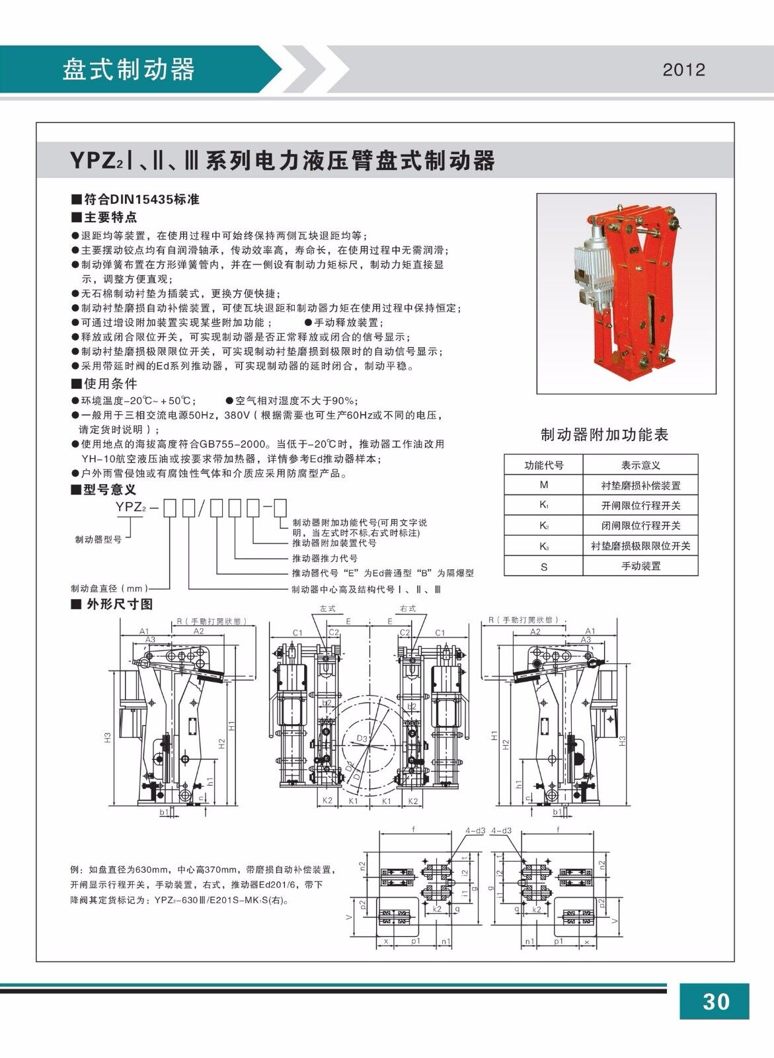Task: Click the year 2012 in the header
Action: pyautogui.click(x=684, y=70)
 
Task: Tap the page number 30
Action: pyautogui.click(x=716, y=1001)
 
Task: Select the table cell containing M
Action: pyautogui.click(x=543, y=485)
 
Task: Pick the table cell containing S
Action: pyautogui.click(x=543, y=567)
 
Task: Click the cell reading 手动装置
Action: pyautogui.click(x=640, y=567)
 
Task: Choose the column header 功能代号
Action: pyautogui.click(x=543, y=465)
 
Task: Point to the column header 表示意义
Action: pyautogui.click(x=640, y=465)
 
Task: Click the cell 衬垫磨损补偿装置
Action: pyautogui.click(x=640, y=485)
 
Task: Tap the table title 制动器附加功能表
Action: pyautogui.click(x=605, y=434)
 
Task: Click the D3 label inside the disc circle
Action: pyautogui.click(x=362, y=738)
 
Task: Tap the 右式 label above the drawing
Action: pyautogui.click(x=407, y=608)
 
